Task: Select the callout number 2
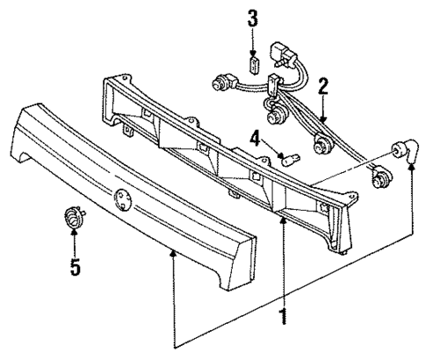click(x=323, y=86)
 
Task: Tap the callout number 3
click(x=253, y=17)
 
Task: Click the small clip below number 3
click(x=255, y=64)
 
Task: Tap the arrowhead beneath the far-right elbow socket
click(x=410, y=173)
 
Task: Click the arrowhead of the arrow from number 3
click(x=254, y=53)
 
